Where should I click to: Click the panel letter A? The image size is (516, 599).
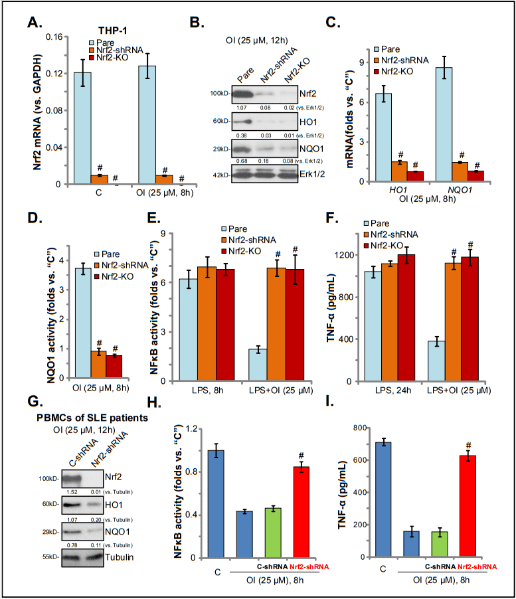click(33, 22)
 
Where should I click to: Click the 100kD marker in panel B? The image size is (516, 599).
click(219, 94)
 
